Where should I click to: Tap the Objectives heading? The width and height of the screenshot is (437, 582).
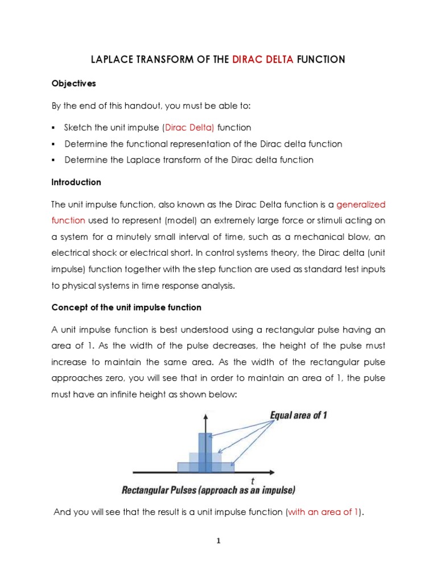tap(73, 84)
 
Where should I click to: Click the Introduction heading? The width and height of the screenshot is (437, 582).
tap(76, 182)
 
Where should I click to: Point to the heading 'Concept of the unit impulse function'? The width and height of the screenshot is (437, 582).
tap(126, 307)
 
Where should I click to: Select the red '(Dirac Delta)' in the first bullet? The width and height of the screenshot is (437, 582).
tap(189, 127)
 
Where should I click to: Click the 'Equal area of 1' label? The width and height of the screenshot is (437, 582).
tap(298, 415)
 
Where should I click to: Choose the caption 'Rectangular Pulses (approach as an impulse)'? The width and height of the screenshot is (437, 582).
tap(200, 490)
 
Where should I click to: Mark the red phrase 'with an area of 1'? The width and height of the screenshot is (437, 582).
tap(323, 512)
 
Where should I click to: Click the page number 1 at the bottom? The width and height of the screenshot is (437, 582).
tap(218, 541)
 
